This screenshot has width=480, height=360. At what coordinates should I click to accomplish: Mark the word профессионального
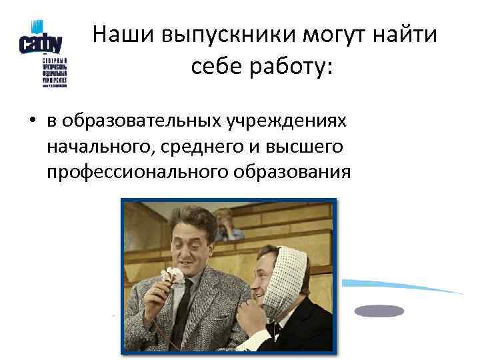pos(137,172)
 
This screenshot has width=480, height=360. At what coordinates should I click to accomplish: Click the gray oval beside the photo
pos(379,311)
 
